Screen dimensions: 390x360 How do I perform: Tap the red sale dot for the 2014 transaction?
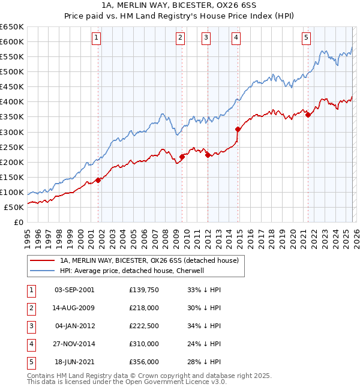click(x=238, y=129)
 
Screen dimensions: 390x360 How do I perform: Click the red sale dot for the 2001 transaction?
click(x=98, y=180)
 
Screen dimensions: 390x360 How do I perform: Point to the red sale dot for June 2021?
click(x=308, y=115)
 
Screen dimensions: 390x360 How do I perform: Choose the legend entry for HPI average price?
click(x=140, y=271)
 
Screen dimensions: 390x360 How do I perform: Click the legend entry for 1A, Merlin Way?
click(x=149, y=260)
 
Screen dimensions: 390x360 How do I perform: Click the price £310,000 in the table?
click(x=144, y=344)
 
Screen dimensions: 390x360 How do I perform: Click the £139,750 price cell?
click(x=144, y=290)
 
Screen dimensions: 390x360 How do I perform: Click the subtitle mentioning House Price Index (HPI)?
click(x=180, y=17)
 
